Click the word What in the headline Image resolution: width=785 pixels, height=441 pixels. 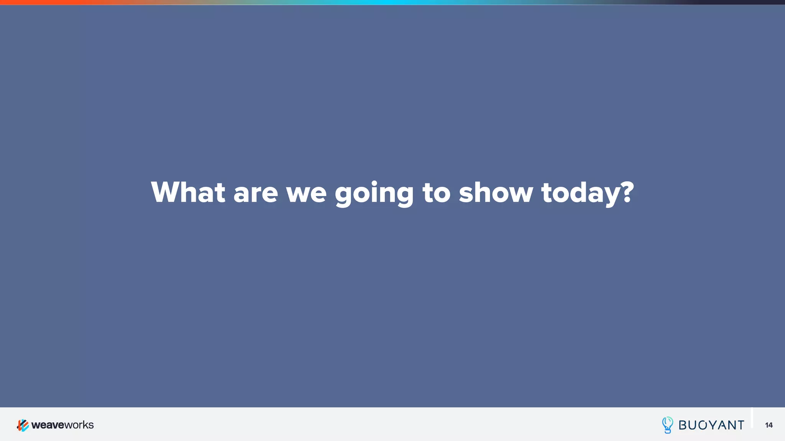[188, 192]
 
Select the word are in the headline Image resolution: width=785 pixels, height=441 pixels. [255, 193]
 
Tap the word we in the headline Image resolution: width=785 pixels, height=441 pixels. [306, 193]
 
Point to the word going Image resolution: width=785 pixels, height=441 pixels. [374, 194]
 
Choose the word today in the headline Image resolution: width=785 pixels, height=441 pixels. [580, 194]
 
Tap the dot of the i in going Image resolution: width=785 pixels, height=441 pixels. [374, 183]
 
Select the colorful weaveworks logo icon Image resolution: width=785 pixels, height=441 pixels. [23, 425]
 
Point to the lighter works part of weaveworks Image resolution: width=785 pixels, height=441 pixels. [79, 425]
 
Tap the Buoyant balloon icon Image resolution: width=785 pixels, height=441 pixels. [667, 425]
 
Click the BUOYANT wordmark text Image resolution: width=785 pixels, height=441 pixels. [711, 425]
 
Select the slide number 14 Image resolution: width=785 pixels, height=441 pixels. [769, 425]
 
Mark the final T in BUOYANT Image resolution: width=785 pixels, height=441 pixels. [740, 425]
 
